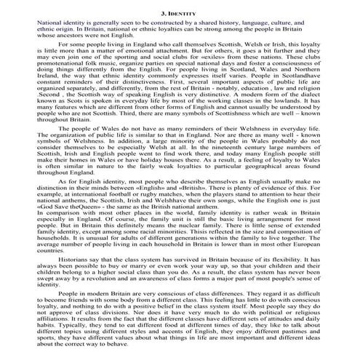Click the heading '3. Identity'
tap(180, 14)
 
